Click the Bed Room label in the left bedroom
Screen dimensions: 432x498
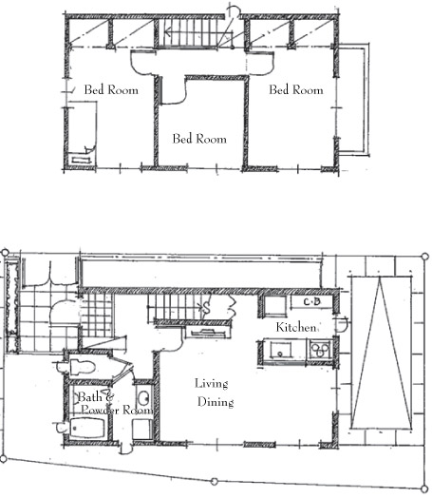(111, 90)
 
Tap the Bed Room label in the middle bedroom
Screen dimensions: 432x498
(199, 139)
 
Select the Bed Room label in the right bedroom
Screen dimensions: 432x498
(296, 90)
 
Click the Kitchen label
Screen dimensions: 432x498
(296, 327)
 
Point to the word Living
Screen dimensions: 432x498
(211, 384)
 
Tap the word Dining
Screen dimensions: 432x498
(216, 402)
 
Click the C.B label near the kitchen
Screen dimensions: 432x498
(312, 301)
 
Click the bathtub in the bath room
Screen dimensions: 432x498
(87, 428)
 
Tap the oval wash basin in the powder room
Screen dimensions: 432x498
(144, 397)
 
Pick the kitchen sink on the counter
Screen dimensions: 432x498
(281, 350)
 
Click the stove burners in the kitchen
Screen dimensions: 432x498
(320, 349)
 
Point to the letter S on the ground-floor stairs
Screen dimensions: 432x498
(206, 308)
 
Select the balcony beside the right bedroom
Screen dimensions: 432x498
(353, 100)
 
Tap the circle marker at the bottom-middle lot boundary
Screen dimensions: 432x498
(215, 482)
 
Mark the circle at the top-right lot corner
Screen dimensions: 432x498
(425, 256)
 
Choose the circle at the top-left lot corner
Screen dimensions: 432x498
(5, 253)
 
